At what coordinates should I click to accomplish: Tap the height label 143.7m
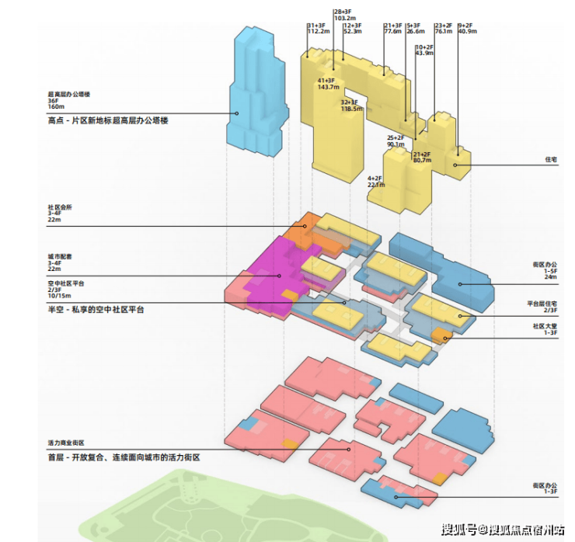coord(330,88)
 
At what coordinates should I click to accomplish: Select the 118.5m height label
coord(352,109)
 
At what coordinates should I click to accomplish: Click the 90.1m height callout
coord(396,144)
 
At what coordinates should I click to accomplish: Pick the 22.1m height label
coord(376,185)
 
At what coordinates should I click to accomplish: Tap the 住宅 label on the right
coord(551,159)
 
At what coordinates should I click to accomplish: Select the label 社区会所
coord(59,208)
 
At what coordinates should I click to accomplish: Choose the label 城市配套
coord(59,256)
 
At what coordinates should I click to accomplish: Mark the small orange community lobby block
coord(441,335)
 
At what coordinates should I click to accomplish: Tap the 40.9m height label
coord(467,31)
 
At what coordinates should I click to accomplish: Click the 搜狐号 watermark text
coord(458,530)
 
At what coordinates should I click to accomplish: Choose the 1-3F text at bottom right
coord(551,492)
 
